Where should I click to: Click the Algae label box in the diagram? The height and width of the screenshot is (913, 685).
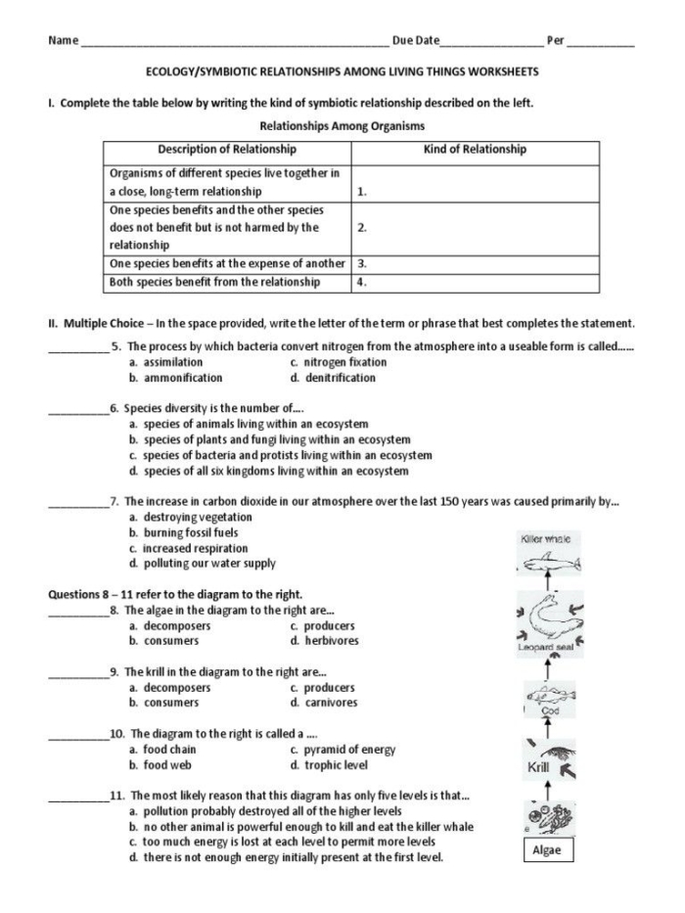[546, 849]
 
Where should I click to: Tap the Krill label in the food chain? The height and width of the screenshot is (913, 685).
[538, 767]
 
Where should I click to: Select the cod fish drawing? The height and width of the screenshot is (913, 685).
[545, 698]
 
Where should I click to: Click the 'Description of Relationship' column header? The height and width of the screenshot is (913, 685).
[227, 150]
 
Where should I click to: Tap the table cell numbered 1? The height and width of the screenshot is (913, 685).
[475, 183]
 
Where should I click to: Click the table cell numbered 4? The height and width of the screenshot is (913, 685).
[475, 282]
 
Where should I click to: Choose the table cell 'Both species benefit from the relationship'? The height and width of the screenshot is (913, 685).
[215, 282]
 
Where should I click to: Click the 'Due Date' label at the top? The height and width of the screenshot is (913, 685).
[415, 40]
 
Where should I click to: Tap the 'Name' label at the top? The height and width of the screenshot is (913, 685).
[62, 40]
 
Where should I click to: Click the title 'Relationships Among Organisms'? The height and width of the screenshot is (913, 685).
[342, 125]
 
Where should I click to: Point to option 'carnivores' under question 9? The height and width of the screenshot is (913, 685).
[330, 703]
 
